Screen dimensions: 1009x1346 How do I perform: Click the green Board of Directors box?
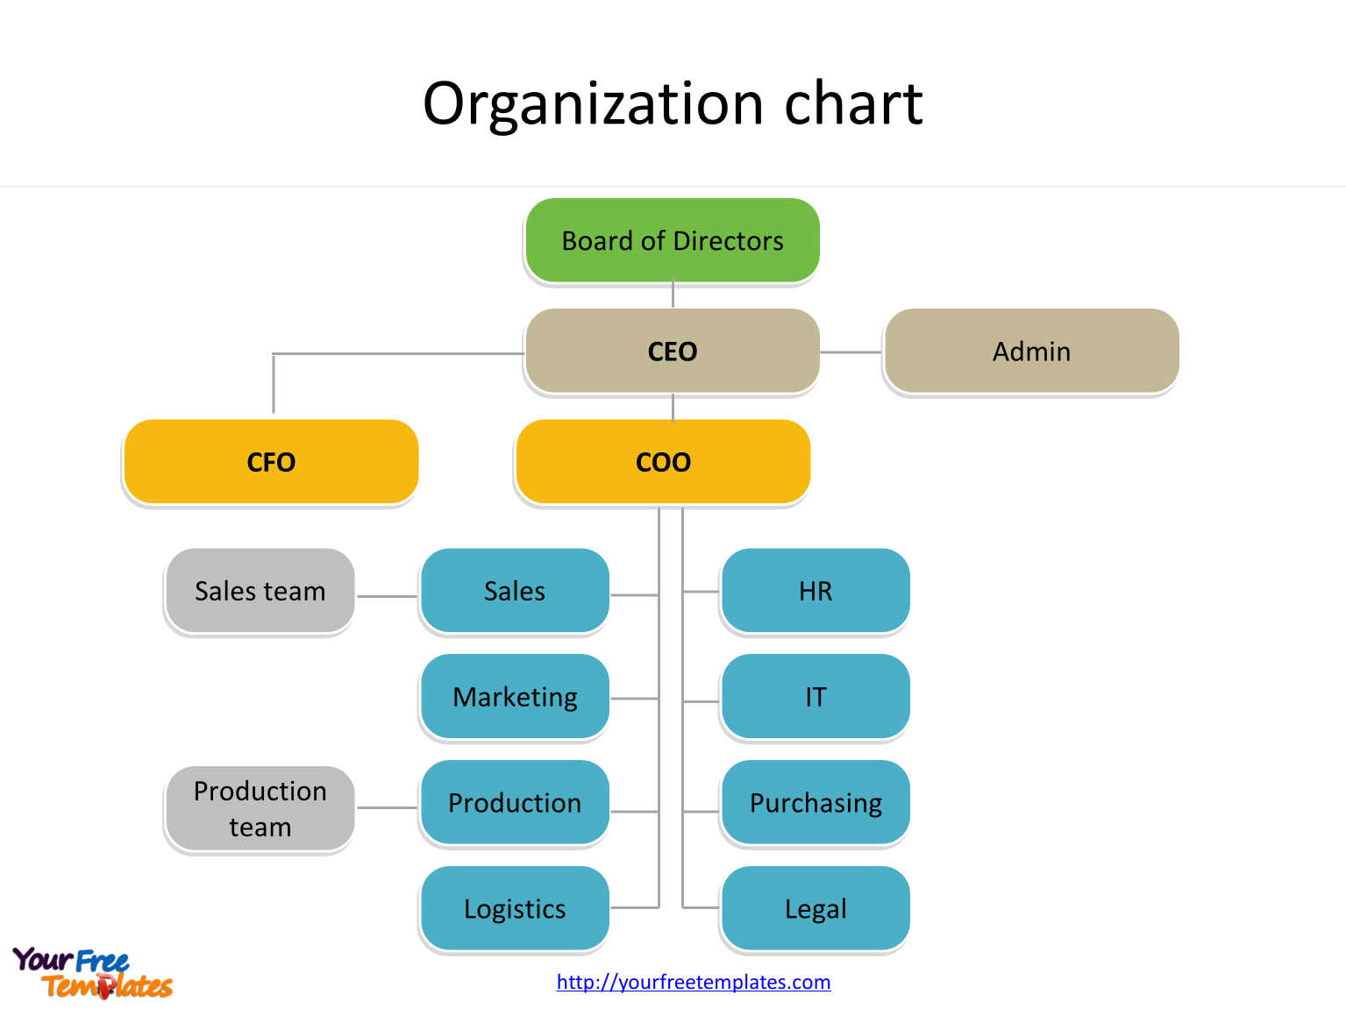point(673,240)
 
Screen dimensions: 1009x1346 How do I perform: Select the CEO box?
point(673,351)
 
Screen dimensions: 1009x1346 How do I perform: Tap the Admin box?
point(1031,351)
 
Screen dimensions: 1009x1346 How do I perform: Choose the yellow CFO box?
point(271,462)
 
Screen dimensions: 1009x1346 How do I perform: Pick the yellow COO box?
point(663,462)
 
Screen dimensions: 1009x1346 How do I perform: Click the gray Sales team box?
point(260,591)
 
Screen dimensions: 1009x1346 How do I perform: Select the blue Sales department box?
point(515,591)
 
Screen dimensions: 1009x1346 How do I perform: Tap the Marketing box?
point(515,697)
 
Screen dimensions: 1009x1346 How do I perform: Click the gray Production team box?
point(260,808)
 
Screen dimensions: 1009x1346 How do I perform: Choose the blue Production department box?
point(515,803)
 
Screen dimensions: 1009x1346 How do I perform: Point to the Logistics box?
point(515,909)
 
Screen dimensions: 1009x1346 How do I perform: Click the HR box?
point(815,591)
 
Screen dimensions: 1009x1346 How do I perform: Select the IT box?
point(815,697)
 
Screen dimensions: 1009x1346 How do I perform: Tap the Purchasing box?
point(815,803)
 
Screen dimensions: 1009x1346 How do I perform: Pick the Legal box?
point(815,909)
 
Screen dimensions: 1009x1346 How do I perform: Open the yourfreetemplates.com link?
point(694,982)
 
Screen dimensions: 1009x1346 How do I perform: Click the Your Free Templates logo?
point(92,973)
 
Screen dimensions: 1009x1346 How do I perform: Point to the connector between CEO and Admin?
point(851,352)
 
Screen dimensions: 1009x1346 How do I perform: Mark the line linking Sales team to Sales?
point(387,596)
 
